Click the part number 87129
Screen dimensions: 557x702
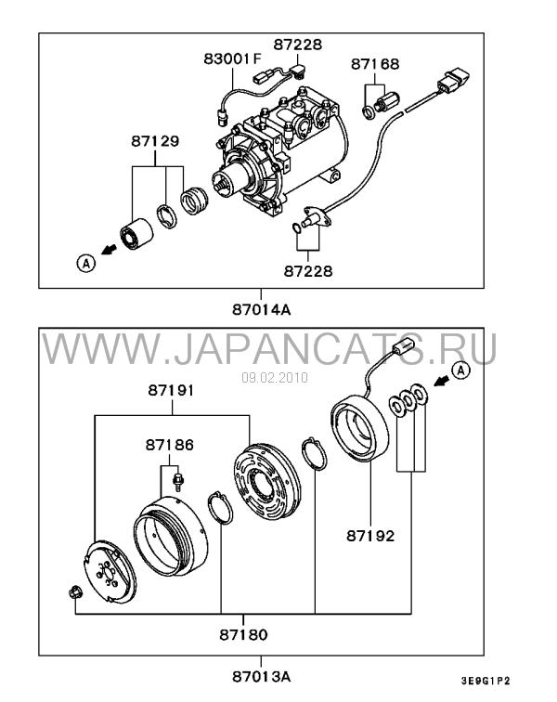click(155, 141)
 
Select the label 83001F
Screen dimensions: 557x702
click(232, 58)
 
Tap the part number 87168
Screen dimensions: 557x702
click(375, 64)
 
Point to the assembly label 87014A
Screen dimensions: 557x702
click(262, 309)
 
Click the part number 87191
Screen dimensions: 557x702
click(172, 390)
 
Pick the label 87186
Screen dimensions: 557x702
click(170, 445)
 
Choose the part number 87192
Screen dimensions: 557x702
click(370, 536)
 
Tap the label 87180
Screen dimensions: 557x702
click(243, 634)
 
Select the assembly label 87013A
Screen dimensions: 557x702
click(262, 677)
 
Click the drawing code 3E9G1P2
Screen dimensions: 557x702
click(486, 681)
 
